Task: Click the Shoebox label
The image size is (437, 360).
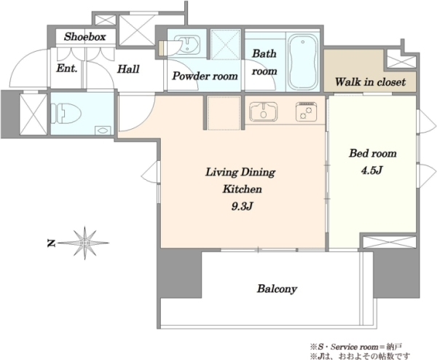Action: (85, 36)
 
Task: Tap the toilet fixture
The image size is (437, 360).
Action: (66, 114)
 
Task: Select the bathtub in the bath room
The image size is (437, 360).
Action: (303, 61)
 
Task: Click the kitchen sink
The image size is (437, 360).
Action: (264, 111)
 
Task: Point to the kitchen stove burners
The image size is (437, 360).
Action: (307, 111)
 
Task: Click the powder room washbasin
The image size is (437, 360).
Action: (187, 44)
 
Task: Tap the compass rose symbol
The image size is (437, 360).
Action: (85, 243)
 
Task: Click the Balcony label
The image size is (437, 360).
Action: (277, 289)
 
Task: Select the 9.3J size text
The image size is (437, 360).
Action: (243, 206)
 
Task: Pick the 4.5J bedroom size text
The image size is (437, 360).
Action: (371, 170)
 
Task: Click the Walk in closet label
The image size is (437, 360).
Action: (370, 82)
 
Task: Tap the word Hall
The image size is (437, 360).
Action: (128, 69)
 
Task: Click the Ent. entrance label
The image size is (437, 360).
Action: (66, 69)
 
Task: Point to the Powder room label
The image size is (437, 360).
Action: (205, 76)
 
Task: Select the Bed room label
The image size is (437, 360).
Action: (373, 153)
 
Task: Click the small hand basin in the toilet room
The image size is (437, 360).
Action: (103, 130)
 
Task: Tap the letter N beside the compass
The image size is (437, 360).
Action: (51, 243)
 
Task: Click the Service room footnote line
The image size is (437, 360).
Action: (355, 347)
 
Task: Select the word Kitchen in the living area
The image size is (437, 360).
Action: (243, 189)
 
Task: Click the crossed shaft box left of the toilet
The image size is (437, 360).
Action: (34, 114)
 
